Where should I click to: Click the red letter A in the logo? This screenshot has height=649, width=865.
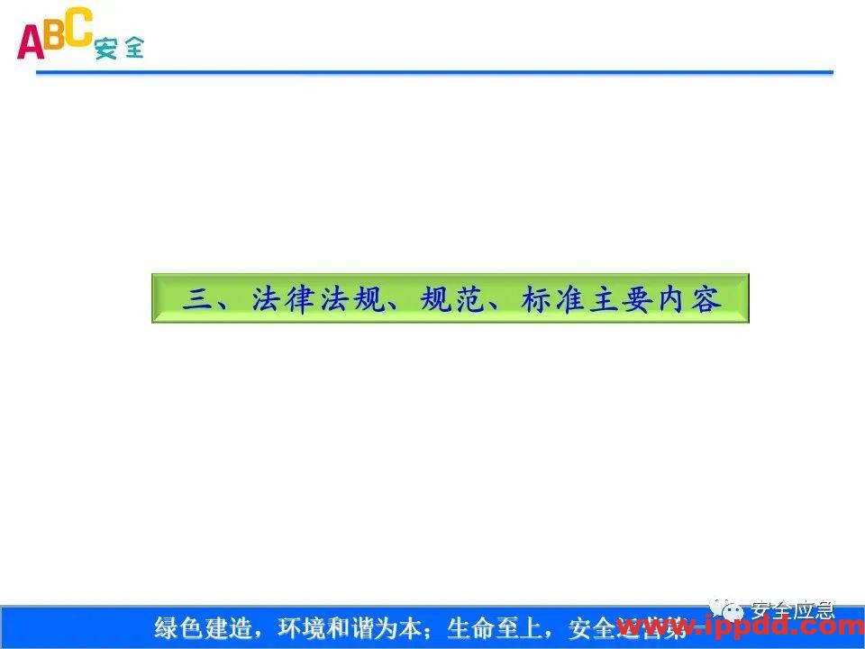pyautogui.click(x=31, y=41)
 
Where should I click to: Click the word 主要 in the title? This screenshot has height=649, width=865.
pyautogui.click(x=622, y=298)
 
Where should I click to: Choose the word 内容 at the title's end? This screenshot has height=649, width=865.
pyautogui.click(x=690, y=298)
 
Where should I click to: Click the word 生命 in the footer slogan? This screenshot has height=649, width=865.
pyautogui.click(x=469, y=627)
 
